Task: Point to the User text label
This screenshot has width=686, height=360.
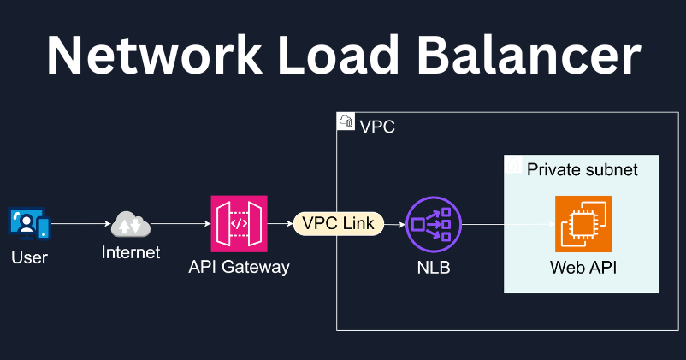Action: coord(30,257)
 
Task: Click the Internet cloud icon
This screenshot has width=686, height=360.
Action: coord(130,226)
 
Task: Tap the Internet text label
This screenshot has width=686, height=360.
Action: coord(130,253)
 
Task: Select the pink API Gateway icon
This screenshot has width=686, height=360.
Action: coord(239,224)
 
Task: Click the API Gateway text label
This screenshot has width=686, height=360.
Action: coord(239,267)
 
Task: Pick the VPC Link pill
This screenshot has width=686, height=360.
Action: coord(339,224)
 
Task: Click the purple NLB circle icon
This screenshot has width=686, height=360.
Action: coord(433,224)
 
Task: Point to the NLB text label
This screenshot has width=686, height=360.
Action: coord(433,268)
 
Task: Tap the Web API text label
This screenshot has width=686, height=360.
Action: coord(583,268)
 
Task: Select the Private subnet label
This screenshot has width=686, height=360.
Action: coord(582,169)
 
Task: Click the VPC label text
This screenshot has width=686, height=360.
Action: coord(377,127)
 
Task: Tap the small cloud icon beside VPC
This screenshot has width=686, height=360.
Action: coord(346,122)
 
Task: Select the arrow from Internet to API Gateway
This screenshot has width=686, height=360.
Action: coord(180,224)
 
